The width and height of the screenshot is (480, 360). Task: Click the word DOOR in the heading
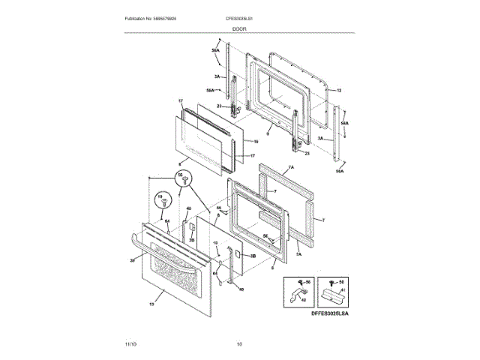239,28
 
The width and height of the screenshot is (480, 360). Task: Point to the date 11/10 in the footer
131,343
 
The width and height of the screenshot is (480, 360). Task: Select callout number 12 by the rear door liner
338,90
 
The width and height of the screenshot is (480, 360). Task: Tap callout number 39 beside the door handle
133,260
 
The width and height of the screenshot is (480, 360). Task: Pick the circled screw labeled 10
160,201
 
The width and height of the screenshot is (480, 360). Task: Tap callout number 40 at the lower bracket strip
241,289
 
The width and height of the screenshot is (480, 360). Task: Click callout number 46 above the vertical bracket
188,208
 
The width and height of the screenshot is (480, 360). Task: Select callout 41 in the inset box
344,290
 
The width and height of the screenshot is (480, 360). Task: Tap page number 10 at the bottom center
239,343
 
